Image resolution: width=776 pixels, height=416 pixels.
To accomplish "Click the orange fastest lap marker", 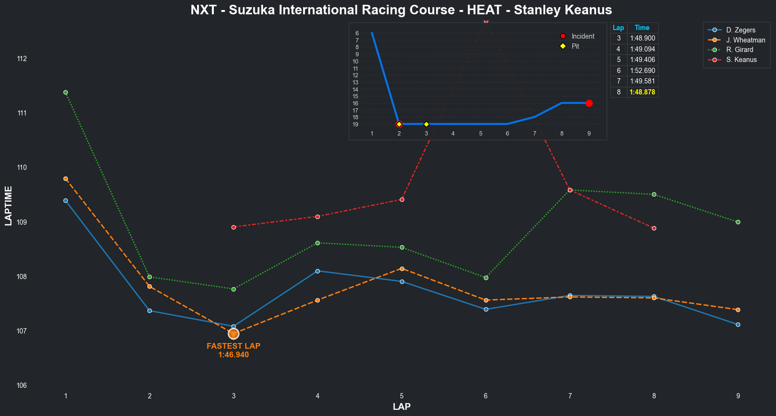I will click(x=233, y=333).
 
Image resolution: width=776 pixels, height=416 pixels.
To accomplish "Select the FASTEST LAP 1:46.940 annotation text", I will click(x=233, y=351).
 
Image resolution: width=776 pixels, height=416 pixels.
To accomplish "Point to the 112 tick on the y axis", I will click(x=35, y=59).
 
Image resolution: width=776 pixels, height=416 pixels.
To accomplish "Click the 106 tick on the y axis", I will click(x=35, y=385).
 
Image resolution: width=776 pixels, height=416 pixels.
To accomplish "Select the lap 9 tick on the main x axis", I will click(x=738, y=396).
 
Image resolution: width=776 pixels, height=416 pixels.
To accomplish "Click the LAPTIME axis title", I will click(x=9, y=206).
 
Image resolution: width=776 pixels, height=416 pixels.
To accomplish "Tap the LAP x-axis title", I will click(x=401, y=407).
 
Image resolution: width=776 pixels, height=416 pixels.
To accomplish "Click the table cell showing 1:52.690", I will click(x=642, y=71).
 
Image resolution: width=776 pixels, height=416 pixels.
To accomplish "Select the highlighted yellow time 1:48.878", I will click(x=642, y=92).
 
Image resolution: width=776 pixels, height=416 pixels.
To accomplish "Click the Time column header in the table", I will click(x=642, y=28).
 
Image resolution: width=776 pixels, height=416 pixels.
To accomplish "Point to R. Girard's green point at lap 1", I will click(x=65, y=92).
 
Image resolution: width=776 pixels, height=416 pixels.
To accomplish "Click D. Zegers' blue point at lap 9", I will click(x=738, y=324).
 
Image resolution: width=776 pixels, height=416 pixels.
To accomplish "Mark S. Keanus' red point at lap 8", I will click(x=654, y=228).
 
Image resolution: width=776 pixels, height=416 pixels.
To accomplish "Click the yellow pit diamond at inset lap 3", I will click(x=426, y=124).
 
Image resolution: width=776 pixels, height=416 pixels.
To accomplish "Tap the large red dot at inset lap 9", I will click(x=589, y=103).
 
